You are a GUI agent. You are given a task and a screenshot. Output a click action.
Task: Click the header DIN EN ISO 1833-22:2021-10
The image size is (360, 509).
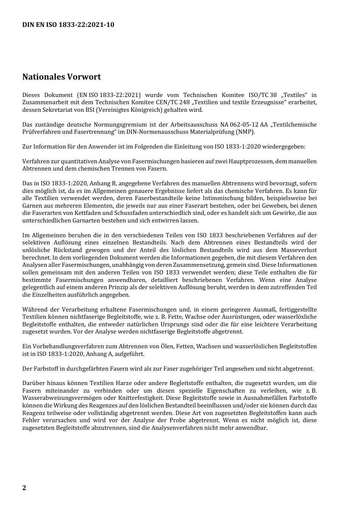(68, 25)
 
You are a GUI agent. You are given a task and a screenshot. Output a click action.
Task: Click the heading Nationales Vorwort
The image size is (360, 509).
(61, 77)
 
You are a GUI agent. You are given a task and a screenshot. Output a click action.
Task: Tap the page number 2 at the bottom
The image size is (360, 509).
(24, 488)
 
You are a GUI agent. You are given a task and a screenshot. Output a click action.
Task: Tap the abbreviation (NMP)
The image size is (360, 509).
(245, 132)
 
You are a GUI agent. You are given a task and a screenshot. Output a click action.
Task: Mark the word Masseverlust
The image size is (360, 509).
(299, 250)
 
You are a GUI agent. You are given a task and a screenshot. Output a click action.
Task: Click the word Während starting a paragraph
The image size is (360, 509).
(34, 310)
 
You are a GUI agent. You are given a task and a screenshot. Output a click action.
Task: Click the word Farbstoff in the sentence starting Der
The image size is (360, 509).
(45, 369)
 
